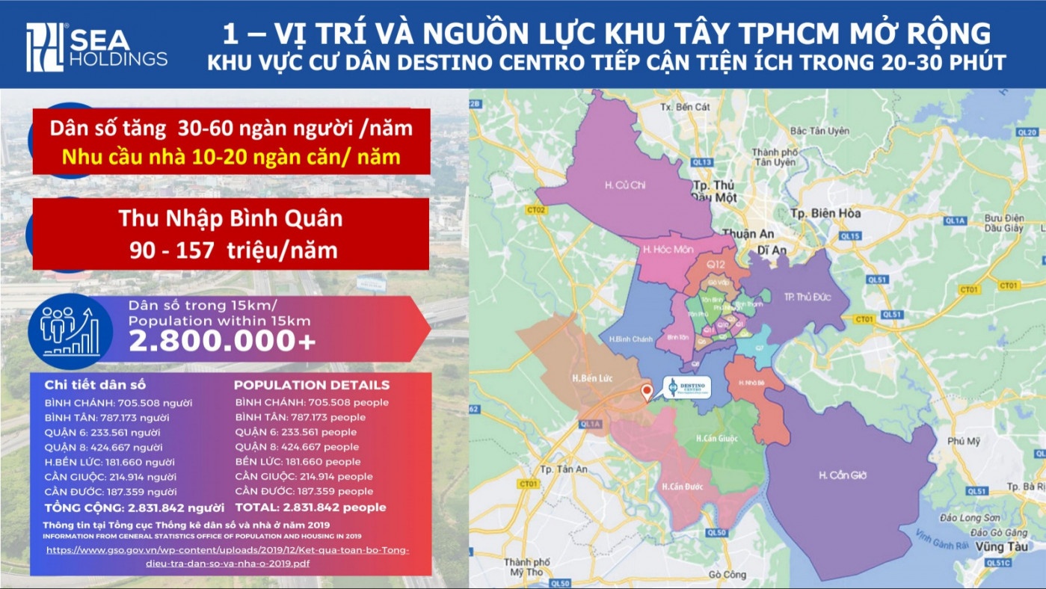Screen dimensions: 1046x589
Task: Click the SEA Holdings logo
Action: pos(96,47)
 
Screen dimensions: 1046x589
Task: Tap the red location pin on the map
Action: pos(647,391)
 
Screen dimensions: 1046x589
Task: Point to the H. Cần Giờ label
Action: pos(843,475)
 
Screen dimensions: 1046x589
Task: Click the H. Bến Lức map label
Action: pos(592,378)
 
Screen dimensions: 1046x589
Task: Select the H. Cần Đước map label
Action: pos(683,487)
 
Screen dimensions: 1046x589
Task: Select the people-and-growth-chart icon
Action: pos(70,330)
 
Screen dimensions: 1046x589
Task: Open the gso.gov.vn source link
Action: pos(228,556)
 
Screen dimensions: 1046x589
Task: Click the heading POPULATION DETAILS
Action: pos(312,386)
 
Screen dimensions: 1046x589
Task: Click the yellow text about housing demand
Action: pos(231,158)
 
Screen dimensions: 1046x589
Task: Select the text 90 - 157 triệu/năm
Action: pos(233,250)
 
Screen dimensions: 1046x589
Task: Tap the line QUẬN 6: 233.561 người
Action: pos(102,432)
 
